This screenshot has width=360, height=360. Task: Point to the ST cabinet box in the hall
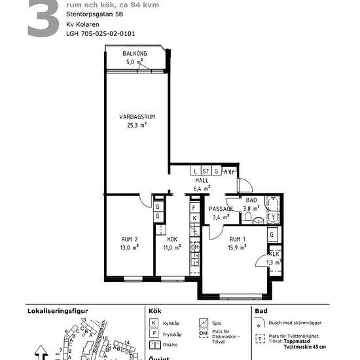pos(206,171)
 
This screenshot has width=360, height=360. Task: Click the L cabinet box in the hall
pos(196,171)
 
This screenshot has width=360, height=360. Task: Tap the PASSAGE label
pos(221,209)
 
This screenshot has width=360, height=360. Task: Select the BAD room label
pos(251,201)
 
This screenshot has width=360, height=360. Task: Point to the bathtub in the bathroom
pos(274,207)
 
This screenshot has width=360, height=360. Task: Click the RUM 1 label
pos(237,240)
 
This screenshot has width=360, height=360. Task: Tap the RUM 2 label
pos(130,240)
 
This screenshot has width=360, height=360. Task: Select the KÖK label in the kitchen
pos(171,240)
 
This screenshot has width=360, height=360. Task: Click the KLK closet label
pos(275,254)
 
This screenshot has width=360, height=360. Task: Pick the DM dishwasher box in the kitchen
pos(194,247)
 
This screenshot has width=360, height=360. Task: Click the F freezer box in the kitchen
pos(194,207)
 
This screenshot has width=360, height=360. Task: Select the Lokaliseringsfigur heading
pos(56,311)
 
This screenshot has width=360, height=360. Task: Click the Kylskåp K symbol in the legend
pos(153,323)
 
